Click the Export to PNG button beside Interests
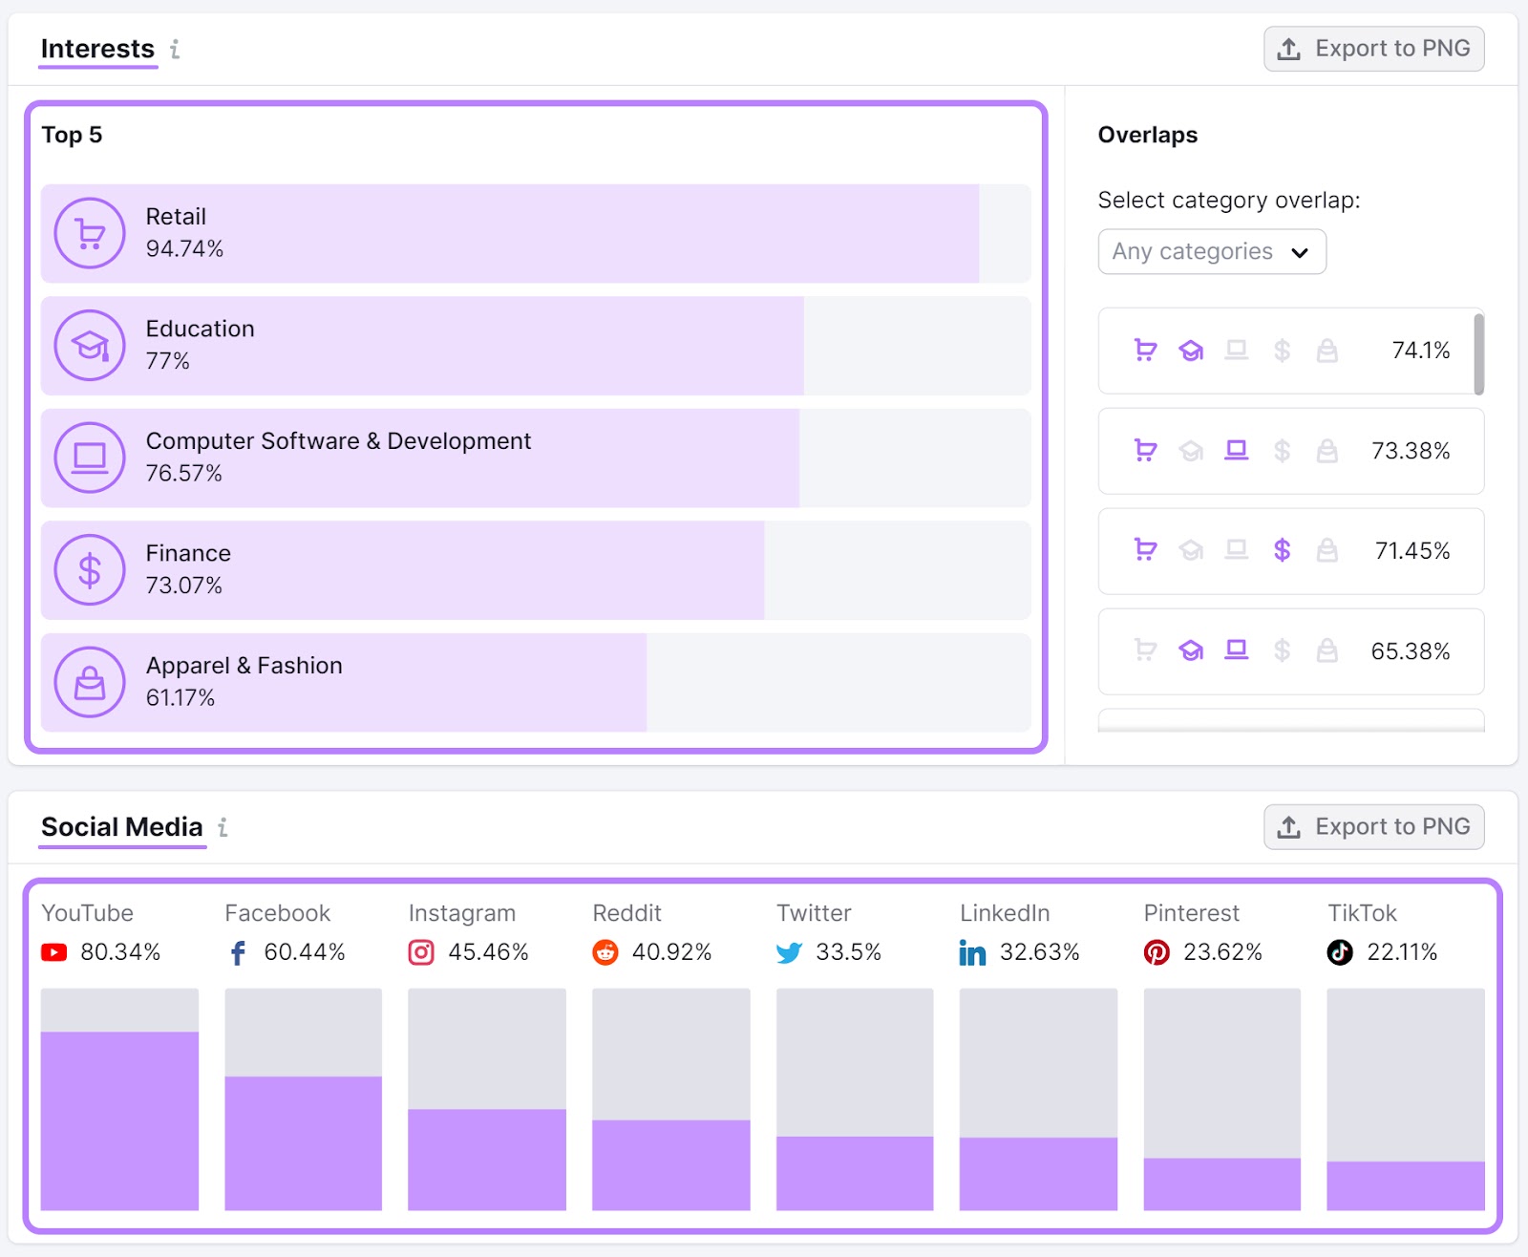1373,49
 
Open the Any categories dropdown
1211,251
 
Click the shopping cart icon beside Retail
90,233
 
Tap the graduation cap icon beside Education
90,346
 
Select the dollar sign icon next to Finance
90,570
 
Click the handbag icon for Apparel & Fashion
90,682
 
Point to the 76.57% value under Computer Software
183,473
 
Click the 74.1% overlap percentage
1420,351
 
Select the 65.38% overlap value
1410,651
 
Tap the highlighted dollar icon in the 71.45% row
1282,550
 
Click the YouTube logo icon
54,952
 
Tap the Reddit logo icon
605,952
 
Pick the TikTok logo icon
1340,952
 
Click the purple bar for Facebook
303,1142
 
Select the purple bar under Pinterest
1221,1183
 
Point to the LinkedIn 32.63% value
1039,952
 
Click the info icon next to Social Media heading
223,827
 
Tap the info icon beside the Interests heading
175,49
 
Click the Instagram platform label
462,913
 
